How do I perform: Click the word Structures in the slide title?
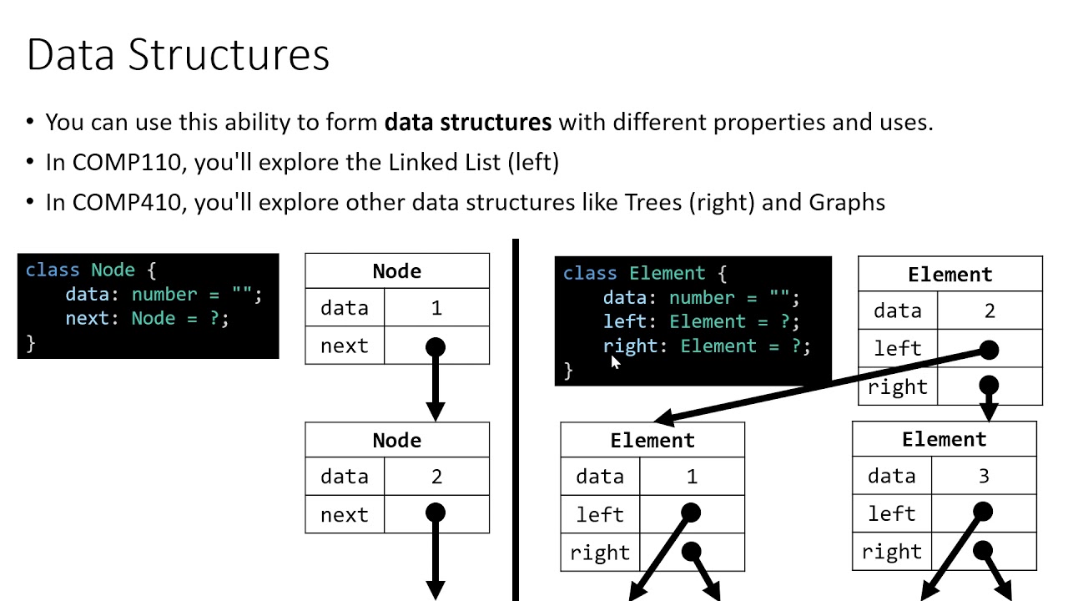pyautogui.click(x=229, y=55)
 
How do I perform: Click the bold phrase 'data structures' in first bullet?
pyautogui.click(x=468, y=123)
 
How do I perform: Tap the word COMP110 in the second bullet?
pyautogui.click(x=126, y=162)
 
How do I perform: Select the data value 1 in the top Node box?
pyautogui.click(x=436, y=308)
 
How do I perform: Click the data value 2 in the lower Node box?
pyautogui.click(x=436, y=477)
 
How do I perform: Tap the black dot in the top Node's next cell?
pyautogui.click(x=436, y=346)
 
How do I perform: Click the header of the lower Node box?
pyautogui.click(x=397, y=440)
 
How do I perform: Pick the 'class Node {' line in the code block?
pyautogui.click(x=91, y=270)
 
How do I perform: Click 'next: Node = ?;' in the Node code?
pyautogui.click(x=147, y=318)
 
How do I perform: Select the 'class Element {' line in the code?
pyautogui.click(x=645, y=273)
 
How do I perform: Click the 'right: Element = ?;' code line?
pyautogui.click(x=707, y=346)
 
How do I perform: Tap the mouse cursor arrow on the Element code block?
pyautogui.click(x=616, y=361)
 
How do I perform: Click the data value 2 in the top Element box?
pyautogui.click(x=990, y=311)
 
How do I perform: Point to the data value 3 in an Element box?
pyautogui.click(x=984, y=476)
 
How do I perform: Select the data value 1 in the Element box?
pyautogui.click(x=692, y=477)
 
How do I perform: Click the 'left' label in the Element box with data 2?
pyautogui.click(x=898, y=348)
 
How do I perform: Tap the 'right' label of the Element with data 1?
pyautogui.click(x=600, y=553)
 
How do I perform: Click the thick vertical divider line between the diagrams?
pyautogui.click(x=516, y=417)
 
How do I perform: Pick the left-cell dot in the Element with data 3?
pyautogui.click(x=983, y=512)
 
